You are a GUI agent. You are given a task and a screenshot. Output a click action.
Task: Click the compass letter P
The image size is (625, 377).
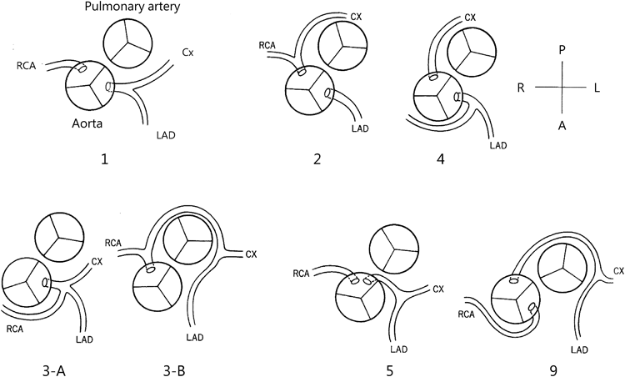563,51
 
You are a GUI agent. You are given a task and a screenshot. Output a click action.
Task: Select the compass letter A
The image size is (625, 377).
563,122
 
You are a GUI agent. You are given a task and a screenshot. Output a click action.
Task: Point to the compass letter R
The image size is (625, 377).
521,87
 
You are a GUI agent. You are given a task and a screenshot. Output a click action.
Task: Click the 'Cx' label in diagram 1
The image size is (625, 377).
189,52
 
